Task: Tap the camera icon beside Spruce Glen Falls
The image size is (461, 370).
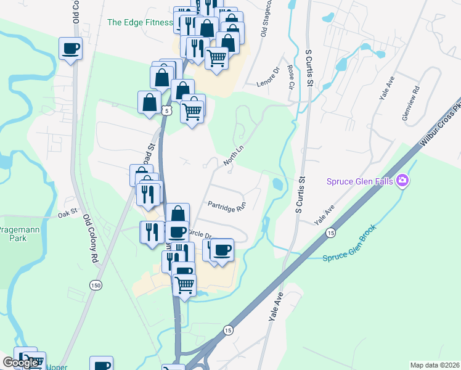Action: tap(403, 180)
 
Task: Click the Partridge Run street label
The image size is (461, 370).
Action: tap(226, 207)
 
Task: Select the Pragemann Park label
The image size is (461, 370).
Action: tap(18, 233)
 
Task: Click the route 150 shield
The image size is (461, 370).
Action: tap(95, 285)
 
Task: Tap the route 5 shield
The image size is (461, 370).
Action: tap(166, 110)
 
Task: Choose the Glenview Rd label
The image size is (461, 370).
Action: tap(409, 97)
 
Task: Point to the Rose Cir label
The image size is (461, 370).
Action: tap(291, 78)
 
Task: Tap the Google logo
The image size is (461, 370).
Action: tap(20, 363)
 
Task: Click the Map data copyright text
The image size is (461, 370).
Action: tap(434, 364)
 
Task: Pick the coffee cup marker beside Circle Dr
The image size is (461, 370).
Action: tap(222, 250)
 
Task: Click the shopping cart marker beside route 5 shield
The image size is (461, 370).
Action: tap(192, 110)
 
